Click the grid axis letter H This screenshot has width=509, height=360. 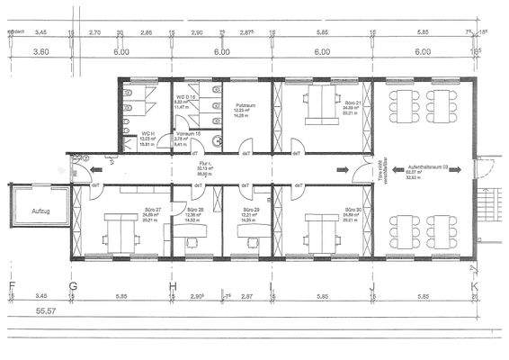(172, 289)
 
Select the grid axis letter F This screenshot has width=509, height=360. (12, 289)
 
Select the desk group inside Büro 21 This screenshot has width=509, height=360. (319, 105)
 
